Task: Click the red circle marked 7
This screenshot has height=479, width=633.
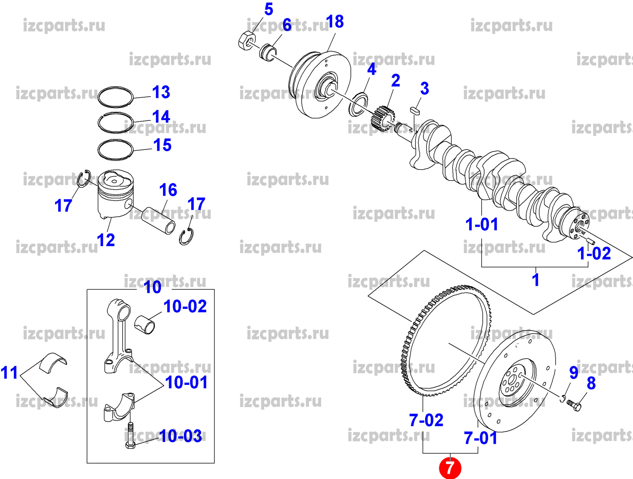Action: [450, 468]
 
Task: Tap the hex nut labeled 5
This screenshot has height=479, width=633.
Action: [247, 41]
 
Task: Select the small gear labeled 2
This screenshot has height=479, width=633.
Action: [383, 118]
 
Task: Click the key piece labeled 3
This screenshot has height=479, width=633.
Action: [415, 111]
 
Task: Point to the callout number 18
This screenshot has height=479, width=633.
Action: [335, 22]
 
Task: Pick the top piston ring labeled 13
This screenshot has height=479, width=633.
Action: [116, 97]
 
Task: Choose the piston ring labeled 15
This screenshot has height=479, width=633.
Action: [116, 150]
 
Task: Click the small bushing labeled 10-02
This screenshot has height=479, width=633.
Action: [145, 324]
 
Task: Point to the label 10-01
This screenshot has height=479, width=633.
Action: [186, 382]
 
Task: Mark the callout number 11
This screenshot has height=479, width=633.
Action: [9, 373]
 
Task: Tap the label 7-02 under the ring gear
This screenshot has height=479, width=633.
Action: [426, 420]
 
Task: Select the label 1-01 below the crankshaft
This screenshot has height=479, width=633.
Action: [482, 224]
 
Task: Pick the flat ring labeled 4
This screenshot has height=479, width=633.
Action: [359, 105]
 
